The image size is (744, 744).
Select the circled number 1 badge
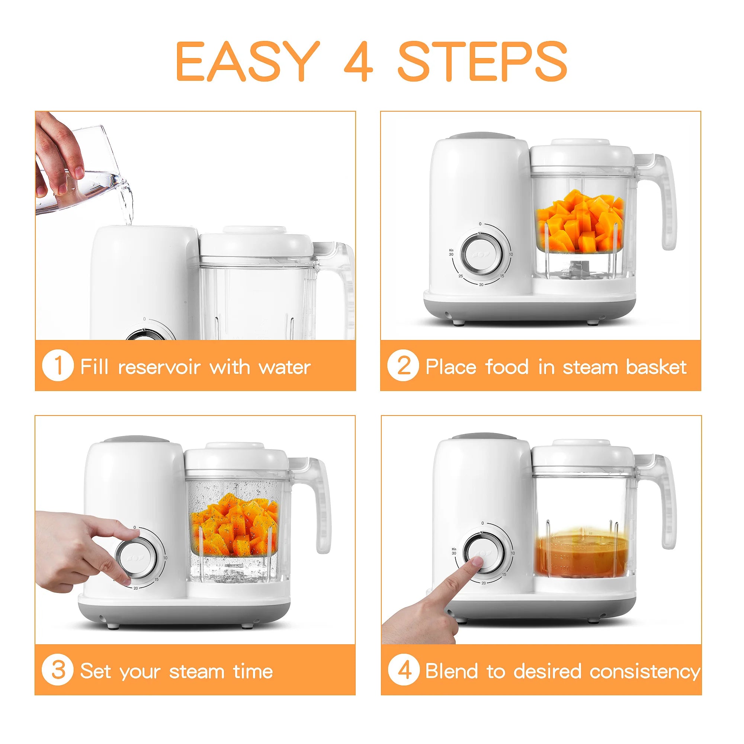click(x=57, y=365)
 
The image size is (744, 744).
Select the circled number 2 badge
click(x=403, y=365)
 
